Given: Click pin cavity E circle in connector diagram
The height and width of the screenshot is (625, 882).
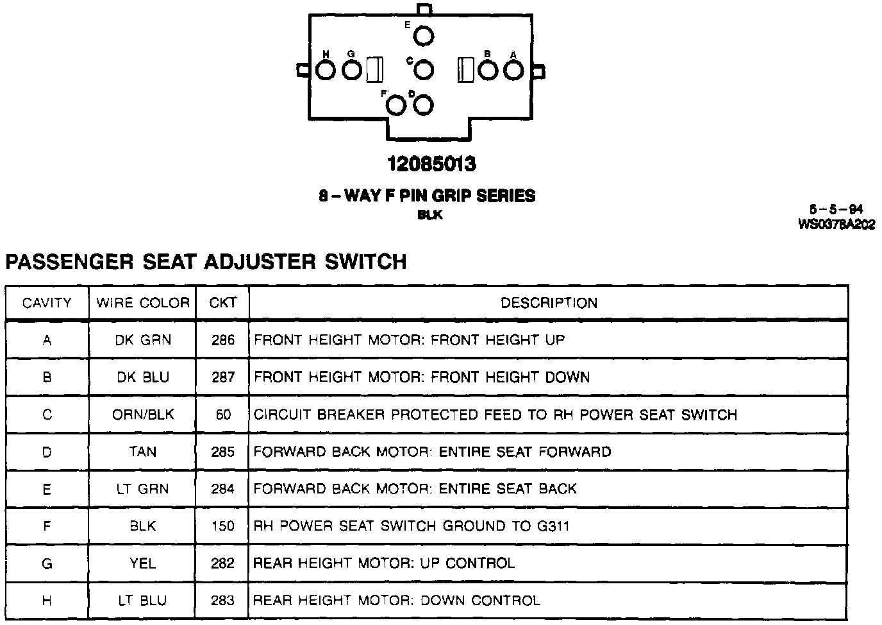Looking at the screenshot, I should tap(423, 36).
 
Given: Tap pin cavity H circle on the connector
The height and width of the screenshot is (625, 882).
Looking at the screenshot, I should tap(326, 70).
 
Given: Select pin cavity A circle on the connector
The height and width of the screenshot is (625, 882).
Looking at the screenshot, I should tap(513, 70).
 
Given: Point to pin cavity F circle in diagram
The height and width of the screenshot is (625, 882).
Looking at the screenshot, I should tap(397, 105).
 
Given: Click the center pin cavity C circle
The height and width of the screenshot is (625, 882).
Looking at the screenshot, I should tap(424, 69).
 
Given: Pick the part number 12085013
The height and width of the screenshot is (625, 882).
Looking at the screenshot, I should tap(431, 164).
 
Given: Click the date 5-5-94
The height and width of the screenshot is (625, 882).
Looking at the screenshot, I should tap(836, 209).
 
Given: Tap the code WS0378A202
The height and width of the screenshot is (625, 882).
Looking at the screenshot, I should tap(836, 224).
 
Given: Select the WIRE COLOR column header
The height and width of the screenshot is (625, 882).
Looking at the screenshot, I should tap(143, 303).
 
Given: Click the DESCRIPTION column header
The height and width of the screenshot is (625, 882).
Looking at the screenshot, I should tap(549, 303).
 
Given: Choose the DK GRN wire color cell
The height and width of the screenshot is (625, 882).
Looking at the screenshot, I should tap(143, 340).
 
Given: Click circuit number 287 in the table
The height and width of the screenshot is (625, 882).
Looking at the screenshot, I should tap(223, 377).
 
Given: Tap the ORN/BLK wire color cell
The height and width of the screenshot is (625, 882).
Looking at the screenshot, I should tap(143, 415).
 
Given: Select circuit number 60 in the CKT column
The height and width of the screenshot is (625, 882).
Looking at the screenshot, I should tap(223, 415).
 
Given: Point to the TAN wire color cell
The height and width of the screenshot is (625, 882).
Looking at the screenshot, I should tap(143, 452).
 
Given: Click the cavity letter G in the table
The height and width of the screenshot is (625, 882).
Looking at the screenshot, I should tap(47, 564).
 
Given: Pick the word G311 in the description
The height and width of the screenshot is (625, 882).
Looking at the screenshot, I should tap(553, 526).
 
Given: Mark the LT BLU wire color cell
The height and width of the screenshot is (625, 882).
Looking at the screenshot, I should tap(143, 601).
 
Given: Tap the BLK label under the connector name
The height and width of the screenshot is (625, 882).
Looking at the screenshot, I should tap(429, 215).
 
